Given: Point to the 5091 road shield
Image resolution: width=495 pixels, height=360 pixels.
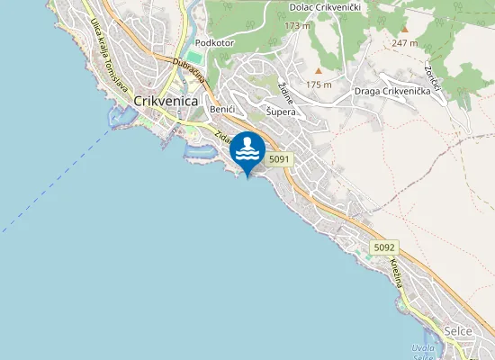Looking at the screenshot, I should tap(280, 158).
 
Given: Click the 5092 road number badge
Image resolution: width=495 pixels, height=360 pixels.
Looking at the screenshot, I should tap(384, 247).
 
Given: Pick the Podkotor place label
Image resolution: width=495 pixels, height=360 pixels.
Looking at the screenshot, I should tap(215, 42).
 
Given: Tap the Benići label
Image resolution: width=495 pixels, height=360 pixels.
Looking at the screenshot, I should tap(221, 109).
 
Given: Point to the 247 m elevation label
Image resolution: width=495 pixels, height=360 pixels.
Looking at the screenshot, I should tap(405, 42).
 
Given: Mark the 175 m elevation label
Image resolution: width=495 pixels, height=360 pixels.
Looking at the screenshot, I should tap(319, 85).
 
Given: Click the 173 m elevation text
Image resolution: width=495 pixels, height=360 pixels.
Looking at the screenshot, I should tap(297, 25).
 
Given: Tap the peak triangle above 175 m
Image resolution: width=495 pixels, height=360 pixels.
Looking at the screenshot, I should tap(318, 70).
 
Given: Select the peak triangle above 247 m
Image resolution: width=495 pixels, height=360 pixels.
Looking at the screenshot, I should tap(404, 29).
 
